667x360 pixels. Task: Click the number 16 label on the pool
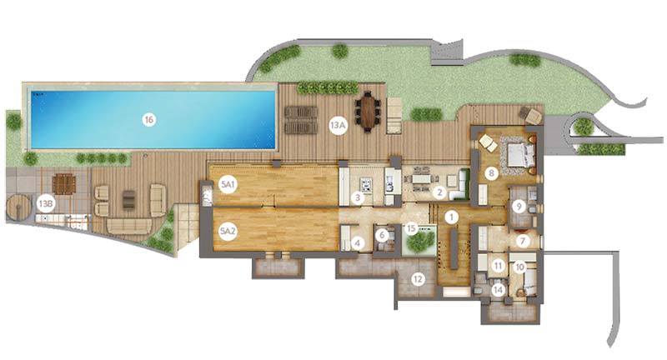pyautogui.click(x=148, y=120)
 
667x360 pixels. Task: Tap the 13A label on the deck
pyautogui.click(x=338, y=125)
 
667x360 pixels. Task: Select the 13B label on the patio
pyautogui.click(x=46, y=203)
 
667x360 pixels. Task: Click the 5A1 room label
pyautogui.click(x=228, y=185)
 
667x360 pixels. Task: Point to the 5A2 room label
pyautogui.click(x=228, y=232)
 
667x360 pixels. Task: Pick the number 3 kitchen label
pyautogui.click(x=358, y=197)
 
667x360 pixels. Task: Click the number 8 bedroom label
pyautogui.click(x=491, y=173)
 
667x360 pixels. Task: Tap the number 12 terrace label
pyautogui.click(x=418, y=279)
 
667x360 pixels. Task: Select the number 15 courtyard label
pyautogui.click(x=411, y=228)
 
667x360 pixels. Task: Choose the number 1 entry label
pyautogui.click(x=452, y=217)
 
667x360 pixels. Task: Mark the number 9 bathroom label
pyautogui.click(x=519, y=207)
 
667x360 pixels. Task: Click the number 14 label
pyautogui.click(x=498, y=290)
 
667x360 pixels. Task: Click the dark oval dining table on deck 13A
pyautogui.click(x=368, y=112)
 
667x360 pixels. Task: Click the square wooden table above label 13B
pyautogui.click(x=64, y=184)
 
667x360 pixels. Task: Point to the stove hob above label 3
pyautogui.click(x=366, y=184)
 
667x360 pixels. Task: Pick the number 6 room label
pyautogui.click(x=382, y=235)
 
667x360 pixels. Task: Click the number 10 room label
pyautogui.click(x=519, y=267)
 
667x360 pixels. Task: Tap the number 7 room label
pyautogui.click(x=523, y=242)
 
